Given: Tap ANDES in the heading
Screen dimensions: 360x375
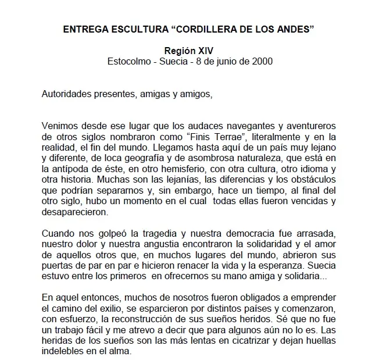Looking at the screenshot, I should point(296,30).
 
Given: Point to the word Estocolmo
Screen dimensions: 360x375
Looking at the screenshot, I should point(128,61).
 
